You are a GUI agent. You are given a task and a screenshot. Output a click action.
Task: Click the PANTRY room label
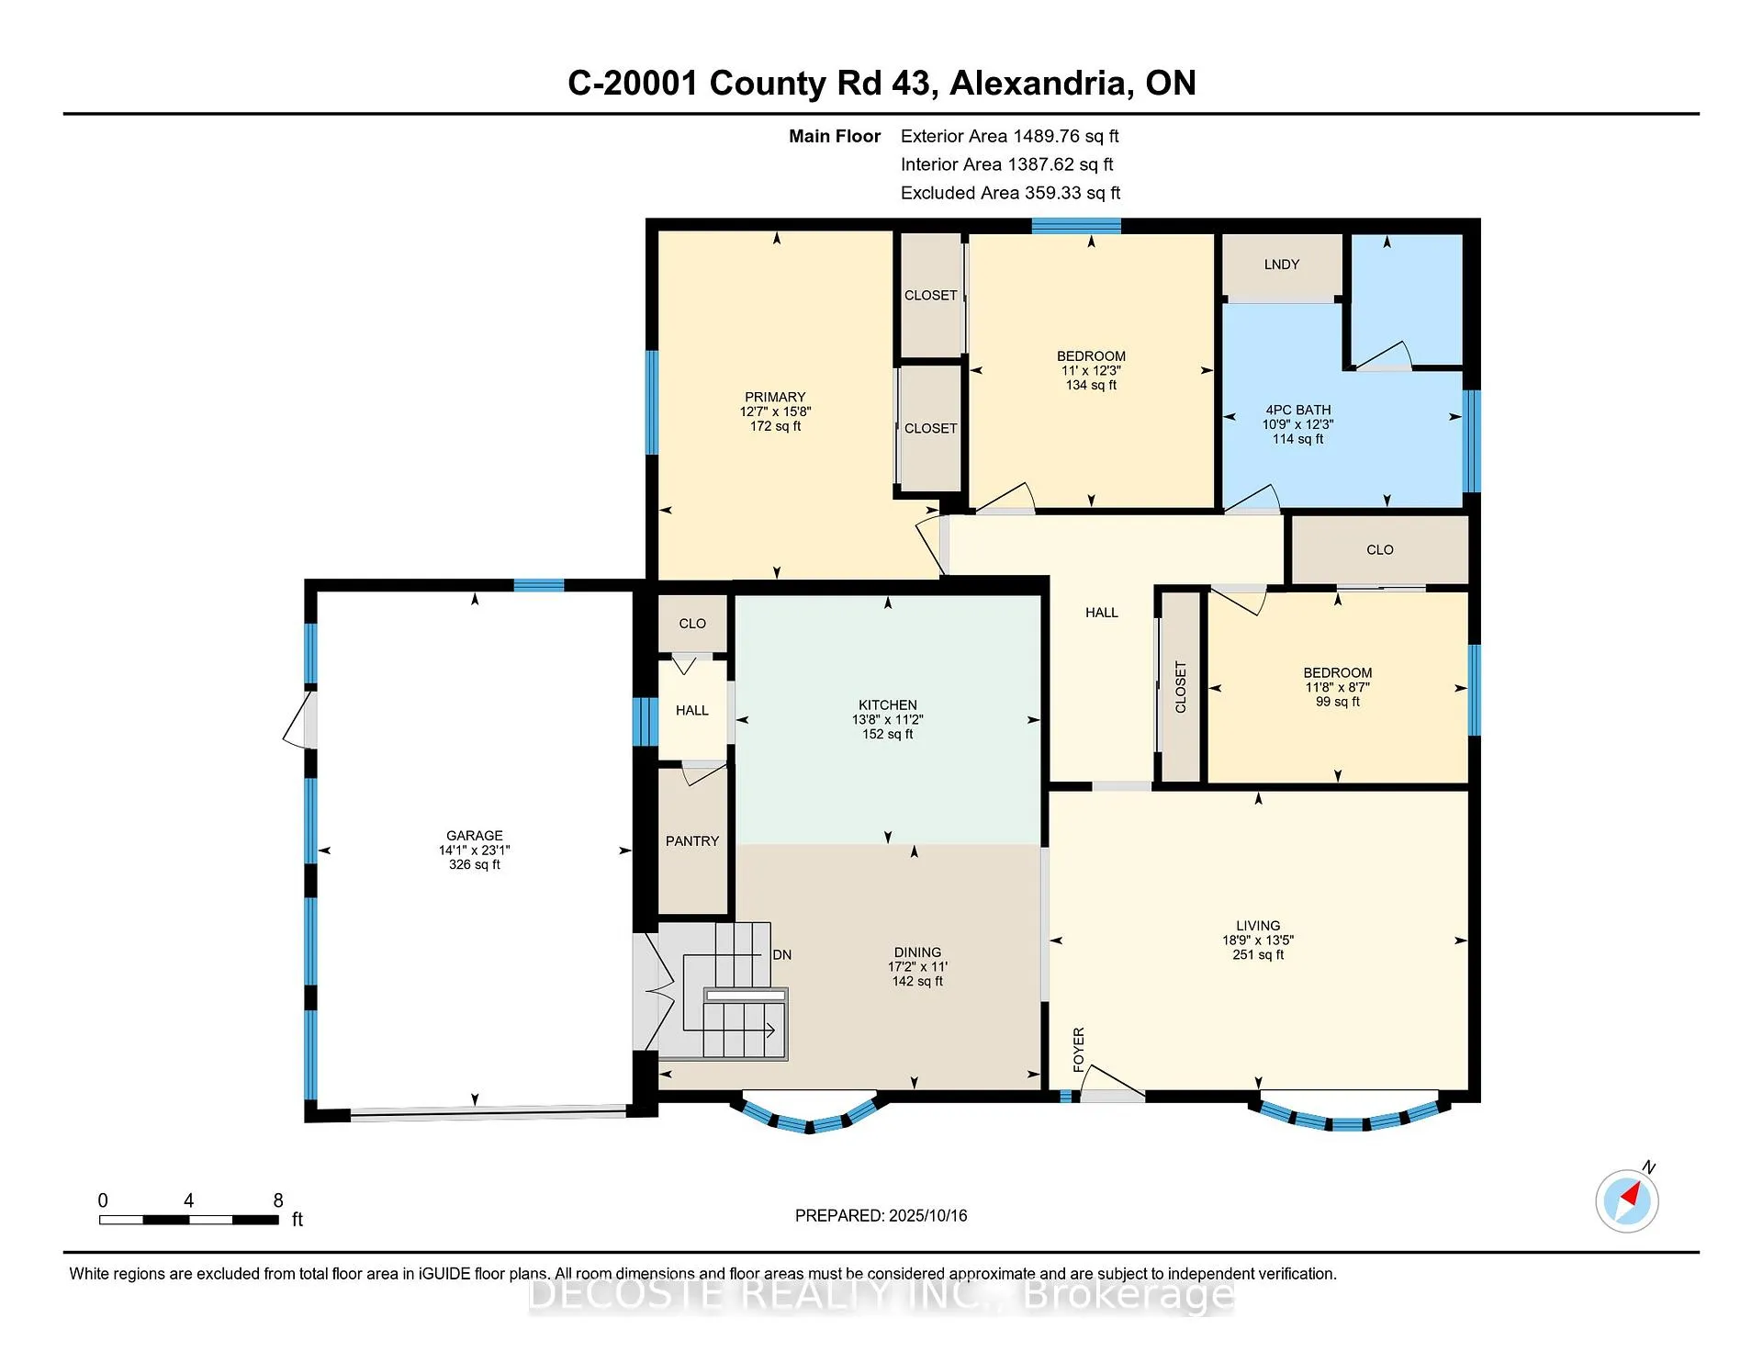pos(692,841)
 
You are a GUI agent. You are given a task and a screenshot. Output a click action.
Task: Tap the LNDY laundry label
pos(1282,265)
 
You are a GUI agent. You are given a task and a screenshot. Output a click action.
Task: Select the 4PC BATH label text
pos(1298,411)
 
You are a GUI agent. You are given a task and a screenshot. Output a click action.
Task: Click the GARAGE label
pos(475,836)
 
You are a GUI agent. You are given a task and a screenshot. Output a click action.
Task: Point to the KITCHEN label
pos(888,705)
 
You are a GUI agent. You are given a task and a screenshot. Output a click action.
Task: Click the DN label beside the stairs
pos(782,955)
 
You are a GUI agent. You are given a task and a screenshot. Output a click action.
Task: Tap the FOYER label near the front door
pos(1079,1049)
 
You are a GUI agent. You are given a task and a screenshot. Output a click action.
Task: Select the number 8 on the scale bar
pos(278,1200)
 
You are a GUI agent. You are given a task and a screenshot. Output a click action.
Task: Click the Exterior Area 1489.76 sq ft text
pos(1010,136)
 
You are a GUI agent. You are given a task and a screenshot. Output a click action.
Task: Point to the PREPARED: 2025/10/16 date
pos(881,1216)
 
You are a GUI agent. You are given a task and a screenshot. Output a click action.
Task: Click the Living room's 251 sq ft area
pos(1258,955)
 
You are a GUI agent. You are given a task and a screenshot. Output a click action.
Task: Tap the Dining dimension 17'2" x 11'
pos(917,967)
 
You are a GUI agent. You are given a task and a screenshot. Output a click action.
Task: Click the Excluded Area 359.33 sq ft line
pos(1011,193)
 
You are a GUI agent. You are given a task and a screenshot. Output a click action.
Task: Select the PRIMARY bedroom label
pos(776,398)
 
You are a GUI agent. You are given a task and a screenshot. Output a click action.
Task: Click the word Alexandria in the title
pos(1039,84)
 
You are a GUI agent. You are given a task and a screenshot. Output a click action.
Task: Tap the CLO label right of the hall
pos(1380,550)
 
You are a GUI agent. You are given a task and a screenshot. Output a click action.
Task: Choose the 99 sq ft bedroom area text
pos(1338,702)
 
